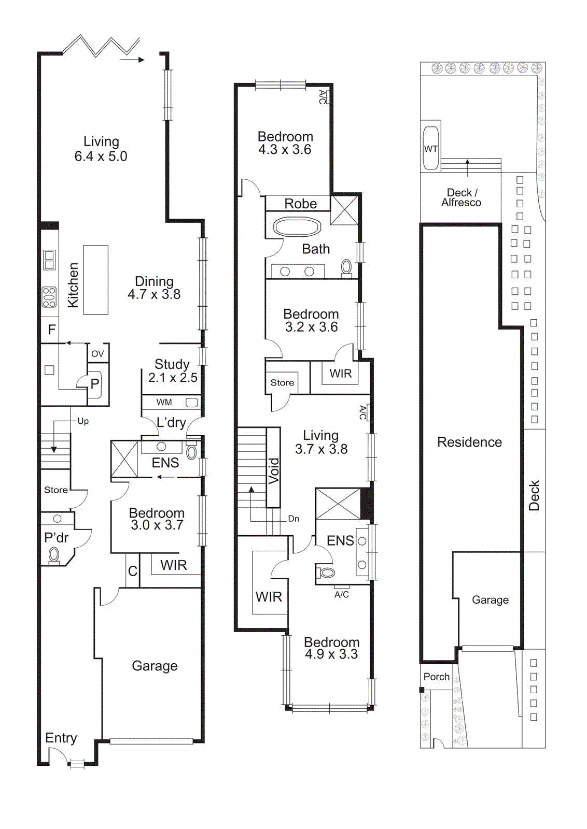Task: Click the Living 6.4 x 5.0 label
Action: [101, 149]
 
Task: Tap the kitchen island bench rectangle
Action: [96, 280]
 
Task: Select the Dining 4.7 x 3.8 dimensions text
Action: [154, 294]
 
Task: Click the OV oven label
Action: [97, 354]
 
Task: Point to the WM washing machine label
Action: [164, 402]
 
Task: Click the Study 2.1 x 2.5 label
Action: [172, 370]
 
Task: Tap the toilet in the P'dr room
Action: [54, 555]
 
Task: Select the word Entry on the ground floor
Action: [61, 738]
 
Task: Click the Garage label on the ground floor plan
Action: [155, 666]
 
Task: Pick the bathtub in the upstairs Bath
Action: [297, 227]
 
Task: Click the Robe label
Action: [300, 204]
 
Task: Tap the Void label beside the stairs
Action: [274, 470]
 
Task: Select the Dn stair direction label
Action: [293, 519]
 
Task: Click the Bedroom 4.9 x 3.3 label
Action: [331, 648]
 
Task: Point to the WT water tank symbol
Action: [431, 149]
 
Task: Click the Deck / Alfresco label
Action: [461, 197]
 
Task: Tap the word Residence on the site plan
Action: [469, 442]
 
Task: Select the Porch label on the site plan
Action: [436, 677]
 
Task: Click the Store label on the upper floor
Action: [282, 382]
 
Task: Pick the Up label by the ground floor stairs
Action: [83, 421]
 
